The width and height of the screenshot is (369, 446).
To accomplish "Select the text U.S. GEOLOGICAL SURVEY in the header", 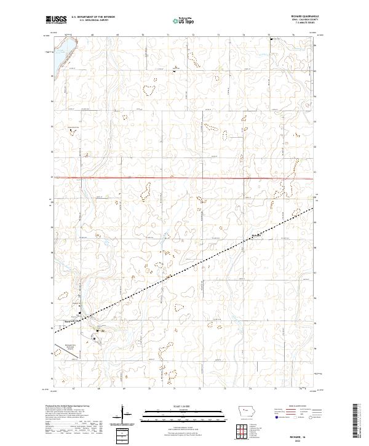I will pos(92,20).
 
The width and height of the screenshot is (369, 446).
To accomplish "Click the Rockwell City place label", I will pos(72,319).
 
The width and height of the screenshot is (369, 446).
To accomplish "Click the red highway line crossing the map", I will pos(184,178).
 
